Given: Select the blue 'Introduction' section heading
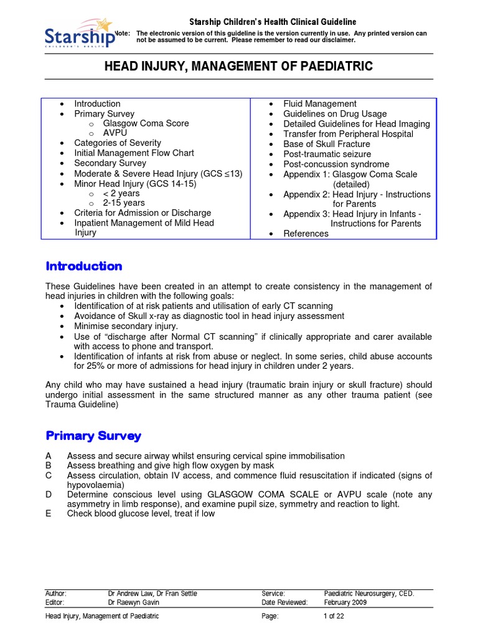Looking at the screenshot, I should [x=84, y=266].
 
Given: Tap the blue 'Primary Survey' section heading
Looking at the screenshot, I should [x=93, y=436].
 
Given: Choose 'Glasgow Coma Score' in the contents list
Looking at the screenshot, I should [x=146, y=123].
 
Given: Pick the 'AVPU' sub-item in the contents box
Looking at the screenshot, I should [x=116, y=133].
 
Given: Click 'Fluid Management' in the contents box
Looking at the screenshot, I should [x=319, y=104].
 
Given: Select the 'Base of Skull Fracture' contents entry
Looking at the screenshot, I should [x=326, y=144].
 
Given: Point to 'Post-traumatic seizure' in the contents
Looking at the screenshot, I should [x=327, y=154].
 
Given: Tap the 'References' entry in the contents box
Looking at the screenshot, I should [x=306, y=234].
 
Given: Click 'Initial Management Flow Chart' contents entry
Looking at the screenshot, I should [x=134, y=153].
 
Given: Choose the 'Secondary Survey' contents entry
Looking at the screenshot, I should [x=110, y=163].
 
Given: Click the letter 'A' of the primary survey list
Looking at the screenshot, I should [x=49, y=456].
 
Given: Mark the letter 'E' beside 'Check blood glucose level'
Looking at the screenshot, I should [x=49, y=514].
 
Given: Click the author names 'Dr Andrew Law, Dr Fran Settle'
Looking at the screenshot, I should [x=152, y=594].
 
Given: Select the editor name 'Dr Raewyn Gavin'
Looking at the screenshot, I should [x=133, y=602].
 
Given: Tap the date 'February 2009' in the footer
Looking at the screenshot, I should [x=345, y=602].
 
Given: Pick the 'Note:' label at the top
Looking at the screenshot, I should [x=122, y=34].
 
